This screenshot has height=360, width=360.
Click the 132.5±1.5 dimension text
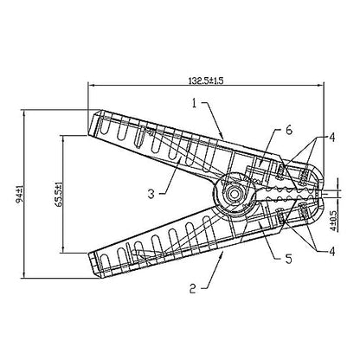(x=206, y=80)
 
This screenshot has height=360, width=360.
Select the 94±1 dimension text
(x=20, y=196)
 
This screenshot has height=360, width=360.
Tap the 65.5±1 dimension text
(x=58, y=194)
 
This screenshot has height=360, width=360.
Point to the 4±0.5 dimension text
(x=333, y=221)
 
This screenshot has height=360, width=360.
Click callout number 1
(x=195, y=103)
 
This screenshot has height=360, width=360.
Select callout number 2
(x=193, y=288)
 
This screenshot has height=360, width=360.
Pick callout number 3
(x=151, y=194)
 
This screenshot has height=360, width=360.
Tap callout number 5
(x=289, y=259)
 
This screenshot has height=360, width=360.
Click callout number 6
(x=289, y=130)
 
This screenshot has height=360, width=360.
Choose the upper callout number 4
(x=332, y=138)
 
